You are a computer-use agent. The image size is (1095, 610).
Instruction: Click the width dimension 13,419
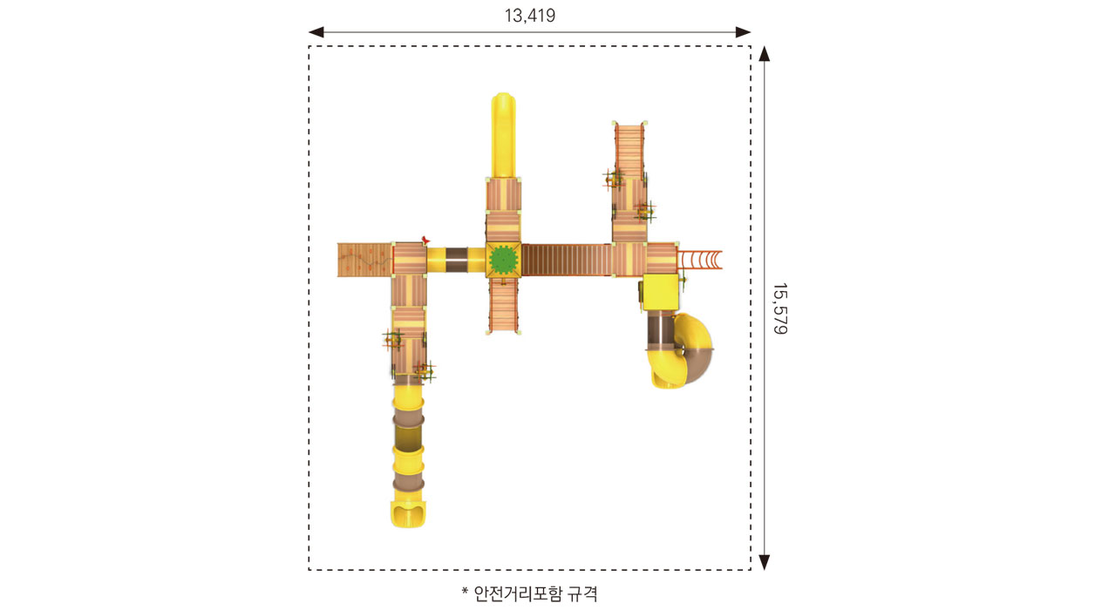point(530,16)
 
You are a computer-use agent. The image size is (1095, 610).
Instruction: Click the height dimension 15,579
point(780,308)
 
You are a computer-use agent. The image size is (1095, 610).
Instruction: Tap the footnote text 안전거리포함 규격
point(536,593)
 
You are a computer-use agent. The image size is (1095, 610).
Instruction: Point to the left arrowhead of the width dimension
point(316,32)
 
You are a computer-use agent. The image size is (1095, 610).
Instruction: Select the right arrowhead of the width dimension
point(743,32)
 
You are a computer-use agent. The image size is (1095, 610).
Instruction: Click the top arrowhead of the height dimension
point(765,54)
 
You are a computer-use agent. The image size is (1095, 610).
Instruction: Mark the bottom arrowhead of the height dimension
point(765,562)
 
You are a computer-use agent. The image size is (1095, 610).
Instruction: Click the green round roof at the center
point(503,260)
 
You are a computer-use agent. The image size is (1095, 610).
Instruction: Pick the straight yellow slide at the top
point(503,135)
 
